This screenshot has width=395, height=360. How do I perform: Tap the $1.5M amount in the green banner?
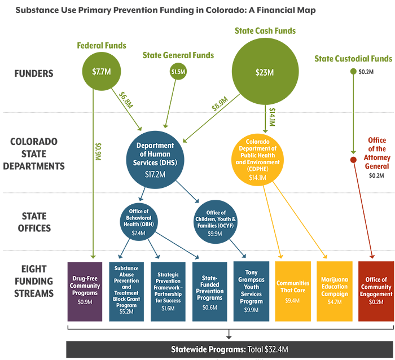[x=178, y=72]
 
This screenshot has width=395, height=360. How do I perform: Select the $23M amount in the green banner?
[x=264, y=72]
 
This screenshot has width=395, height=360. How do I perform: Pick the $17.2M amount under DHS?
[x=155, y=174]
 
